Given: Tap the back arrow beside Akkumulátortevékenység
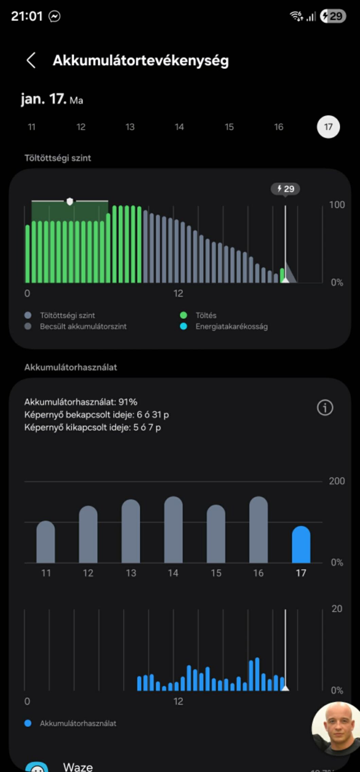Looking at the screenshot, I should (31, 60).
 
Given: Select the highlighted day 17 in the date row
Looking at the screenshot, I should (328, 127).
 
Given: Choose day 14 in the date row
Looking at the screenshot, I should (179, 127).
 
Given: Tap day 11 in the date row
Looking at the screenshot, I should (32, 127).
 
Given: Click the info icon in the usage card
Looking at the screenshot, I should (325, 407).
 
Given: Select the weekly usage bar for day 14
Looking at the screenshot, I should (173, 530).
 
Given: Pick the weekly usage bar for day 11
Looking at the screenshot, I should (46, 542).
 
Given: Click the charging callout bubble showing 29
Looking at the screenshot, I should (285, 189).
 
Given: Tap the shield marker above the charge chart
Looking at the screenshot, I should (70, 201).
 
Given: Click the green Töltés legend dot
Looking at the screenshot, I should (183, 315).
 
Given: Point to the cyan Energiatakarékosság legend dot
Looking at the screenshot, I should (183, 326).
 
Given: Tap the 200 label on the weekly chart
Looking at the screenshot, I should (337, 481).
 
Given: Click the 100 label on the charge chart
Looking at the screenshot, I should (337, 205).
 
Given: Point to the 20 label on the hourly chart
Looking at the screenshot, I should (337, 609).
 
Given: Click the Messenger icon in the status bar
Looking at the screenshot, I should (54, 16).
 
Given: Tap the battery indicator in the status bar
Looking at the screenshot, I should (332, 16).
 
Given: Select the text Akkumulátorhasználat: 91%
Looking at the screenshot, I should (81, 402).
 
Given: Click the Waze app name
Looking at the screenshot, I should (78, 767).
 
